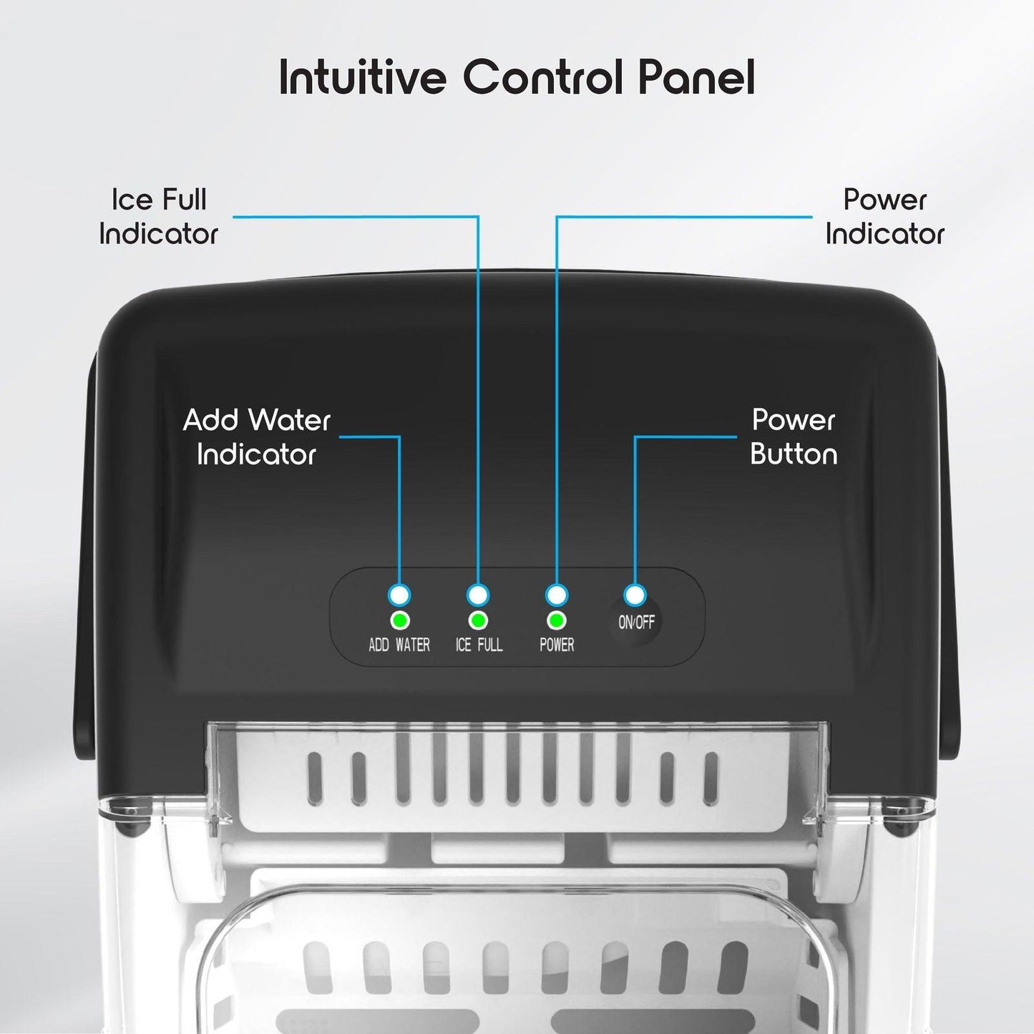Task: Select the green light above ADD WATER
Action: [x=399, y=620]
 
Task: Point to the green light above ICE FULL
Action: [x=478, y=620]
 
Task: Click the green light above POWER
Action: [x=557, y=620]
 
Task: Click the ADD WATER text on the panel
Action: [x=399, y=645]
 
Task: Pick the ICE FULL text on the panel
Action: [x=479, y=645]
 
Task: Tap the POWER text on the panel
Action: [x=557, y=645]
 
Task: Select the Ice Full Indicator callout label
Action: [x=159, y=217]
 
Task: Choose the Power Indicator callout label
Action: [x=884, y=217]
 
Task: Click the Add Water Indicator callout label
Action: [x=257, y=437]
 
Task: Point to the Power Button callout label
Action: [x=794, y=437]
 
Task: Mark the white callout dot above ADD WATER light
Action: [x=399, y=595]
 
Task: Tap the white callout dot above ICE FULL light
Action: [x=478, y=595]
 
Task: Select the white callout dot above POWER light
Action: [x=557, y=595]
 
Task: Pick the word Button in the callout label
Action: [x=794, y=455]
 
